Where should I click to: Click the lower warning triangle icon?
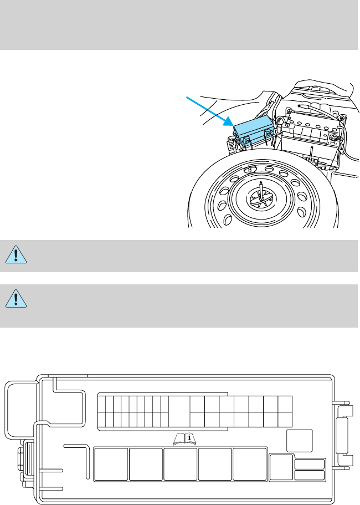coord(18,299)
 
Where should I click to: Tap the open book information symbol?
coord(186,438)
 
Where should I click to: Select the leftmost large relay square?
coord(111,465)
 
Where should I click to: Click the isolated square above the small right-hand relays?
coord(300,441)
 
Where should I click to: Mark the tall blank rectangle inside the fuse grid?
coord(179,412)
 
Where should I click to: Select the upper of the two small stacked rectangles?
coord(309,465)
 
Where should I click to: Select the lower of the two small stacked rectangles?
coord(309,475)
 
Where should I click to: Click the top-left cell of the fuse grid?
coord(101,404)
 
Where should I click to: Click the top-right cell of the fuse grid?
coord(285,404)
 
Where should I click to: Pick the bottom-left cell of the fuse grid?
coord(101,420)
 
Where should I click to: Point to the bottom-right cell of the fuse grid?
coord(285,420)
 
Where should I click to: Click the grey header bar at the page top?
coord(180,25)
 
